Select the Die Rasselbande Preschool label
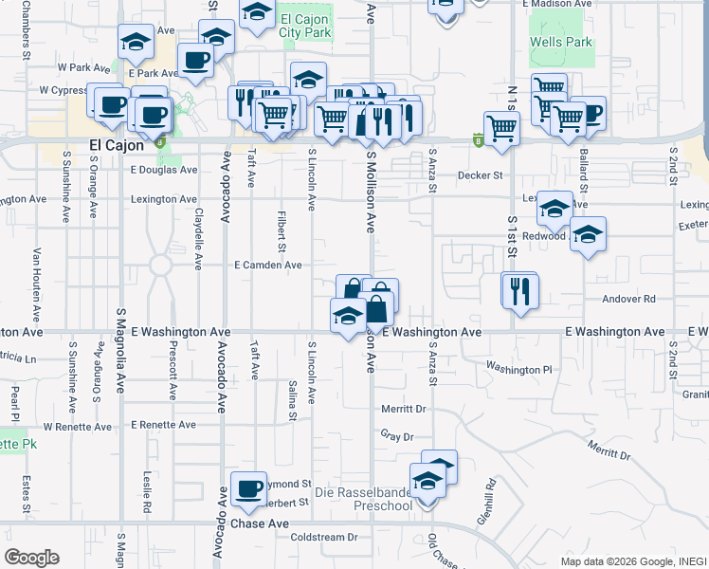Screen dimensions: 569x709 click(364, 499)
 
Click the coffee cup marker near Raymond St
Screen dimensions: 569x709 click(248, 489)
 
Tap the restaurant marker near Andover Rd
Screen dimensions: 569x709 click(519, 291)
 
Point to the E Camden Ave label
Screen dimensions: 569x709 click(268, 266)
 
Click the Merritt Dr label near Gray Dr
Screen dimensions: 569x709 click(404, 409)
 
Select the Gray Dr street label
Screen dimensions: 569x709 click(398, 436)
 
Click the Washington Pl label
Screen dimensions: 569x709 click(518, 368)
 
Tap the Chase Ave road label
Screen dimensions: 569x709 click(260, 523)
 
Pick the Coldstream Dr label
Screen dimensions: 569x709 click(323, 537)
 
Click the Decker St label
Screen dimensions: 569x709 click(479, 175)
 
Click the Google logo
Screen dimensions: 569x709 click(31, 558)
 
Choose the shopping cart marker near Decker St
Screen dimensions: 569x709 click(500, 128)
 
